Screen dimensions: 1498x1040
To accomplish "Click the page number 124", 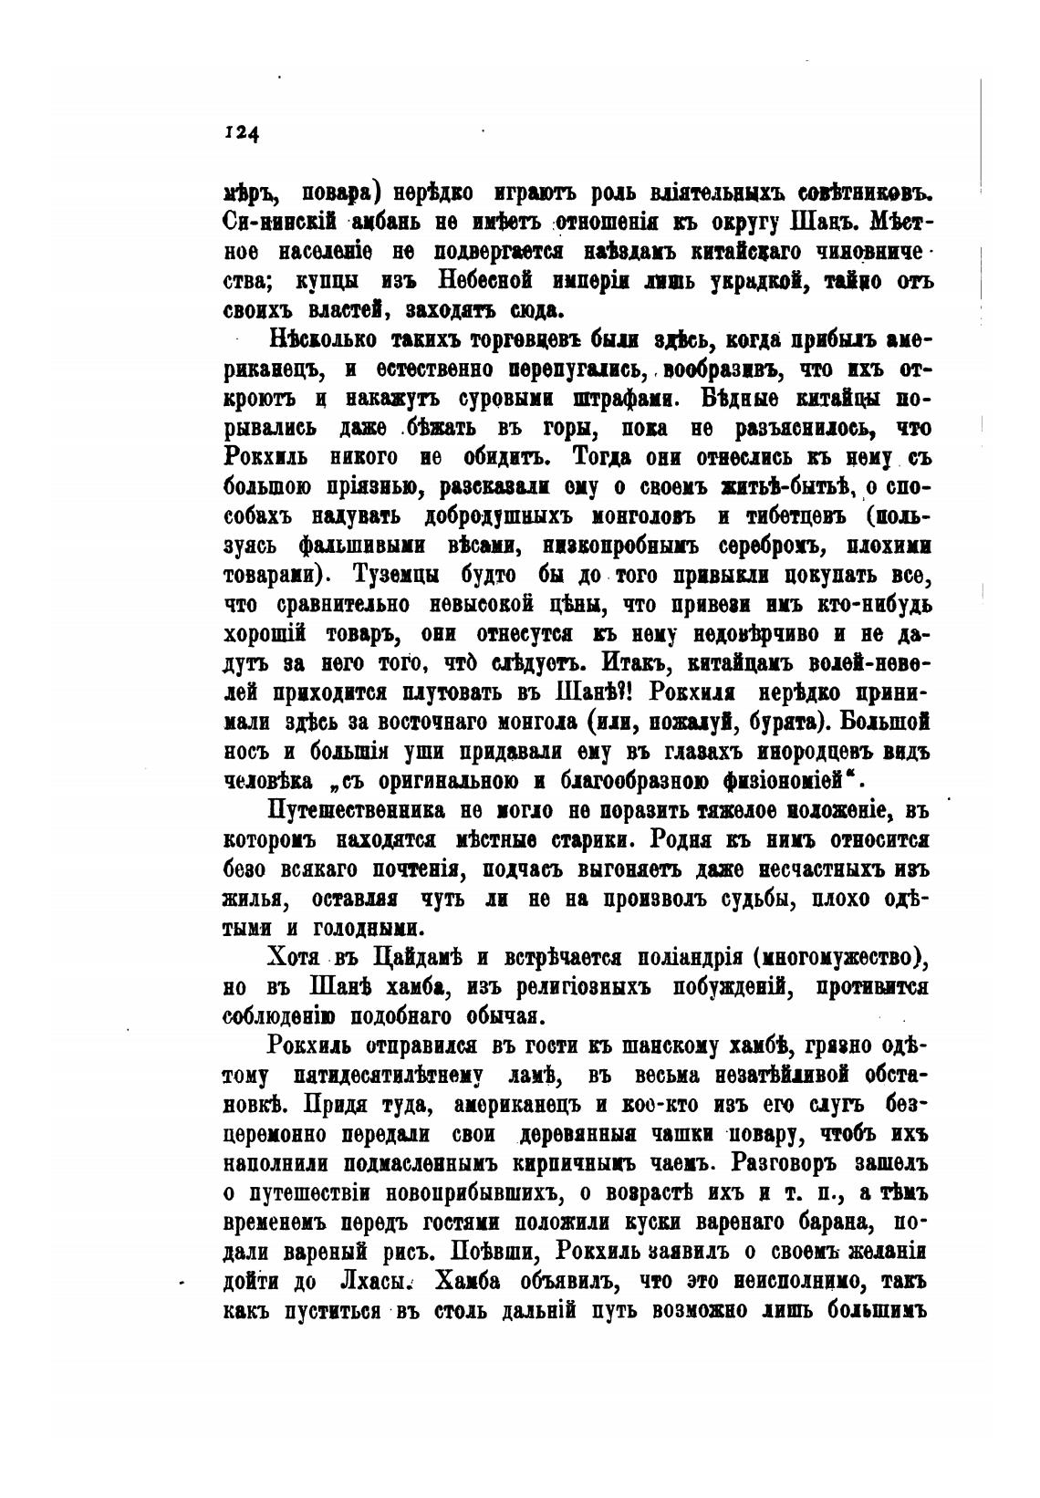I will click(242, 133).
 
